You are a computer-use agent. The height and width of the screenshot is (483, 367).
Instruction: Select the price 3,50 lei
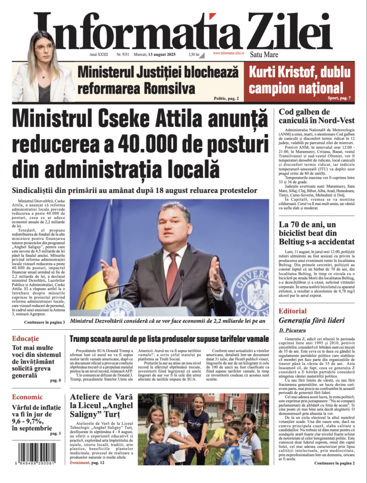click(193, 55)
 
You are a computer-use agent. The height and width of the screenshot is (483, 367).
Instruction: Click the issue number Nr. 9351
click(123, 55)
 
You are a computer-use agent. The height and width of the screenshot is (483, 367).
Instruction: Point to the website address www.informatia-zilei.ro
click(228, 53)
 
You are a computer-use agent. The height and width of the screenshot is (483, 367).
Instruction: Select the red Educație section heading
click(25, 339)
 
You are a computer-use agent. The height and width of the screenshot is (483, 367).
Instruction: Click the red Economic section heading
click(27, 397)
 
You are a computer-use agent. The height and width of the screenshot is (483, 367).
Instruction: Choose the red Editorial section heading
click(292, 311)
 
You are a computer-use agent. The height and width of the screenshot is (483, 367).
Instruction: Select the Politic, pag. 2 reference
click(226, 98)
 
